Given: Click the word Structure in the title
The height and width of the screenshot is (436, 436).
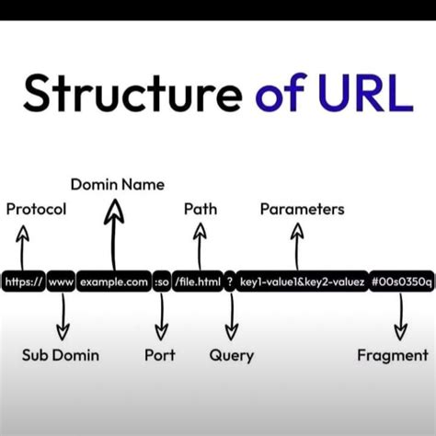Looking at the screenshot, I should (129, 94).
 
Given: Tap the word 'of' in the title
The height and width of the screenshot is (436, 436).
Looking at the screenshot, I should (274, 94).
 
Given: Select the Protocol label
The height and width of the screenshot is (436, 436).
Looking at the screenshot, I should (36, 209).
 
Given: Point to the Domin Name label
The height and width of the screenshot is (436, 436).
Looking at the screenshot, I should (118, 185).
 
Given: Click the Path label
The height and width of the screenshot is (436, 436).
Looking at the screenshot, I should (201, 209).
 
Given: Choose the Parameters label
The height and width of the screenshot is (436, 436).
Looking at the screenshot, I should (302, 209).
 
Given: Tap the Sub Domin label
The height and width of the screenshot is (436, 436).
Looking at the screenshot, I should (61, 355).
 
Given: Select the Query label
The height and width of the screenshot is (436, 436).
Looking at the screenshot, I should (232, 355).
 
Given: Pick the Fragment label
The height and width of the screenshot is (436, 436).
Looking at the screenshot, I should (393, 355).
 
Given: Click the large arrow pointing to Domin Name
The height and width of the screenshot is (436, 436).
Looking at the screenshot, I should (114, 235).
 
